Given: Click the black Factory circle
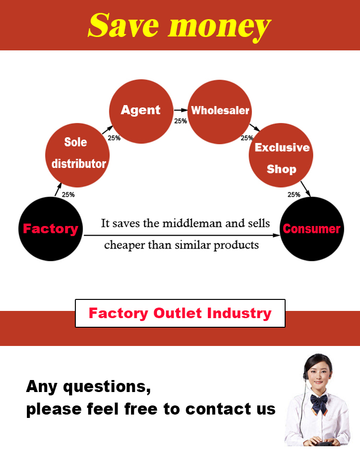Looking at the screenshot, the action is (x=50, y=229).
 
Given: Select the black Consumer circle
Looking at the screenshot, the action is (x=312, y=229).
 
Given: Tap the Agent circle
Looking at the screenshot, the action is (x=141, y=111).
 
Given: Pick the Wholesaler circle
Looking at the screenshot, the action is (x=220, y=111).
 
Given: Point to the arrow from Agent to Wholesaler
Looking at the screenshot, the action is (x=180, y=110).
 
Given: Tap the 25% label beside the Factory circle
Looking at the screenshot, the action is (x=68, y=195).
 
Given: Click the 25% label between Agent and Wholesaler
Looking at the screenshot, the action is (x=180, y=121).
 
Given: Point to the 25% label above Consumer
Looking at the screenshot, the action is (x=294, y=195).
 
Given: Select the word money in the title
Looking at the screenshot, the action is (x=218, y=26).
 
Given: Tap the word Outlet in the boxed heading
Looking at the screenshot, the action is (x=178, y=313).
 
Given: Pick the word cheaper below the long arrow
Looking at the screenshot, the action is (x=124, y=245).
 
